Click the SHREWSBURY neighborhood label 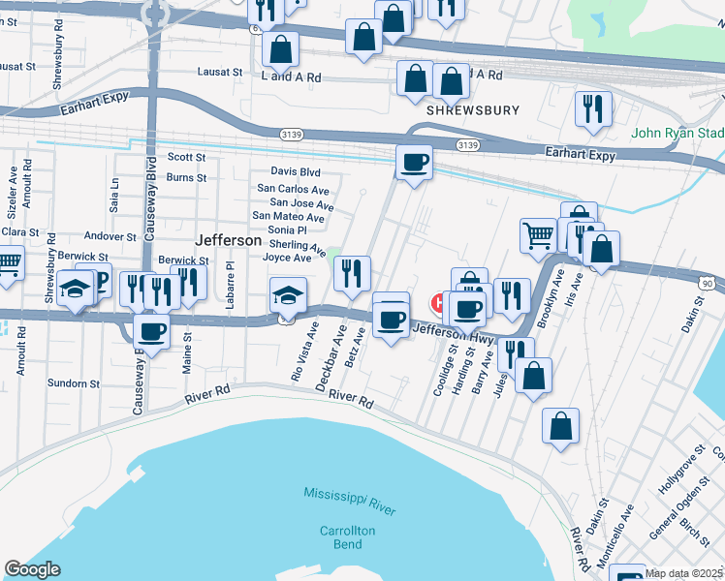[x=474, y=110]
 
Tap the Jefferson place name [x=228, y=239]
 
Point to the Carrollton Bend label [x=348, y=538]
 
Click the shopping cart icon [x=537, y=235]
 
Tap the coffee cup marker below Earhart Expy [x=414, y=162]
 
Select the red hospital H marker [x=438, y=303]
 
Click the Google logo [x=32, y=568]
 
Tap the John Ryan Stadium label [x=678, y=134]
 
